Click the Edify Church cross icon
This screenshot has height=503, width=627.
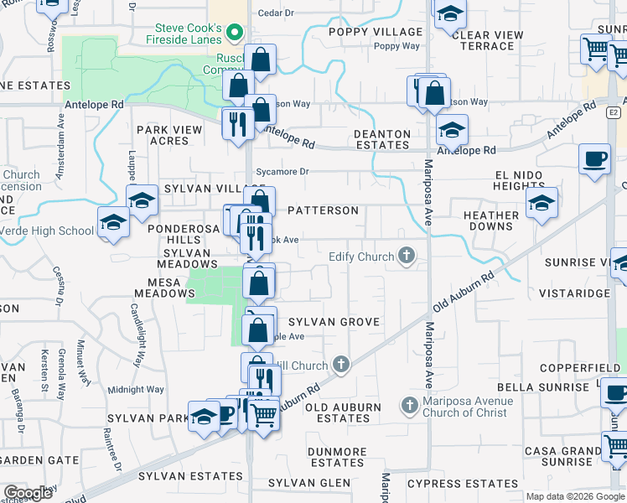(407, 257)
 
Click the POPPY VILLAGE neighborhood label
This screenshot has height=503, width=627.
(376, 32)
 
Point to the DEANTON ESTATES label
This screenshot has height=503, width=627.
(382, 139)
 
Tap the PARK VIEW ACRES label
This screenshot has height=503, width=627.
(169, 135)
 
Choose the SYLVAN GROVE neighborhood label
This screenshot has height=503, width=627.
(334, 322)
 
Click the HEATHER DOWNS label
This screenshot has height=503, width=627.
(491, 221)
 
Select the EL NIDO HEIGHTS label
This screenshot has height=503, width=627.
(531, 180)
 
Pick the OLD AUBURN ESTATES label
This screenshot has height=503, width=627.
(343, 412)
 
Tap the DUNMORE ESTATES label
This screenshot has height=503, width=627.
(337, 457)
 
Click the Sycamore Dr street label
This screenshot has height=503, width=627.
(282, 172)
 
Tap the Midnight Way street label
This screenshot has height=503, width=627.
(136, 389)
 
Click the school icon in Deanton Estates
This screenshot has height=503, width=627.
(452, 130)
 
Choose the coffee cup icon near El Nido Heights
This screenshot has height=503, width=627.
(594, 158)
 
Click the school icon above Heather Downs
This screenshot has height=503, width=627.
(541, 202)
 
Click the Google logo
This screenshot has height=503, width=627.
(28, 493)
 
